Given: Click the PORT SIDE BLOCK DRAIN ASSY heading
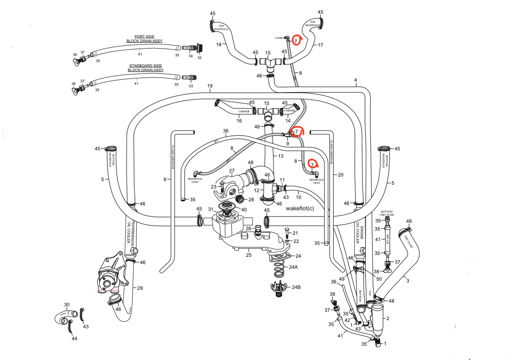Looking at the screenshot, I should tap(145, 39).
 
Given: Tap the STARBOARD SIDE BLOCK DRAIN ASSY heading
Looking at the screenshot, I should tap(145, 68).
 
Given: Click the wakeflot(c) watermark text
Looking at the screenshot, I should tap(300, 208).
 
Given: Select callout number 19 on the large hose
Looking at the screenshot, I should tap(210, 87).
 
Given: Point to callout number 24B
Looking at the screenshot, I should tap(296, 287).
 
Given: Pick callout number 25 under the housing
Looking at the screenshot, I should tap(249, 255).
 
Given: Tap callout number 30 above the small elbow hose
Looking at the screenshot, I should tap(67, 305).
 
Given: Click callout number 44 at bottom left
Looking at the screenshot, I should tap(74, 338).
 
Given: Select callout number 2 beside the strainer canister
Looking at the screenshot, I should tap(388, 318).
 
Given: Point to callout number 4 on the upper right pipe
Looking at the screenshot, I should tap(355, 81).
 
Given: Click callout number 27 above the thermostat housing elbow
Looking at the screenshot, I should tap(232, 171).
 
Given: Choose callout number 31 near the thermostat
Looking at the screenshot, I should tap(211, 210).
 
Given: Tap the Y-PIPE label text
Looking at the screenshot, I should tap(279, 38).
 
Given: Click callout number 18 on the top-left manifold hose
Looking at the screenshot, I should tap(219, 44).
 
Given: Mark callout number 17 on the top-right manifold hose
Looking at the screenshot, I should tap(320, 45).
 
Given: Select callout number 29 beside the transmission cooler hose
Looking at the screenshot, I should tap(140, 288).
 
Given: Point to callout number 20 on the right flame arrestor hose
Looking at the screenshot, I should tap(340, 175).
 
